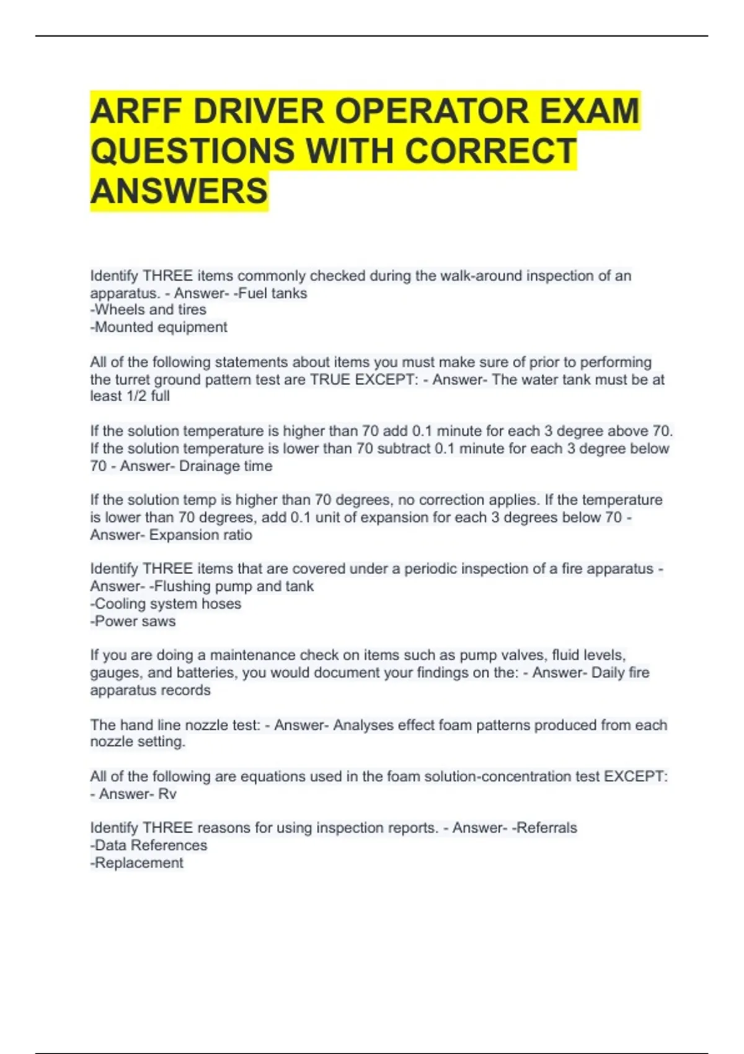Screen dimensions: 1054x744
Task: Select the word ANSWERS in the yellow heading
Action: [x=179, y=191]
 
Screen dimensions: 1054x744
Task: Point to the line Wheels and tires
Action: [x=149, y=310]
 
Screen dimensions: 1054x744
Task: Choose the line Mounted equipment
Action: [x=159, y=327]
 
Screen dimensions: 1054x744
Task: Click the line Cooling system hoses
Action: [x=166, y=604]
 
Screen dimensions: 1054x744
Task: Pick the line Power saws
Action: [x=133, y=621]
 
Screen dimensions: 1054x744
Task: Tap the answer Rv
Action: [x=167, y=794]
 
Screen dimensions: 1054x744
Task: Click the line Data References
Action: [x=149, y=846]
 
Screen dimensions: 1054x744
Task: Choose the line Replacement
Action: [x=137, y=863]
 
